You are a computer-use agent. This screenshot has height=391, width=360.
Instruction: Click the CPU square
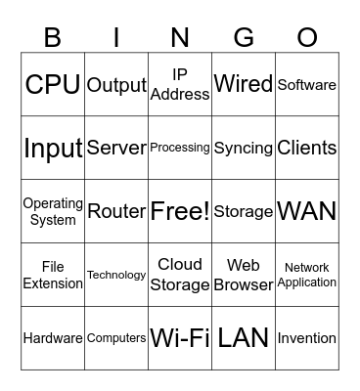point(53,84)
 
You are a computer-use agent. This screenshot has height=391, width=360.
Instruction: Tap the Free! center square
point(180,211)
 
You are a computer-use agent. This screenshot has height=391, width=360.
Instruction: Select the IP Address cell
point(180,84)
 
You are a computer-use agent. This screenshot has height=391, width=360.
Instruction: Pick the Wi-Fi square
point(180,338)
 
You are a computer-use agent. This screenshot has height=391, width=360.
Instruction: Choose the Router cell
point(116,211)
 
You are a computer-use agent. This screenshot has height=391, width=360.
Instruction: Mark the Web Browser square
point(244,275)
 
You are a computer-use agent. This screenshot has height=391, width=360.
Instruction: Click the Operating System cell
point(53,211)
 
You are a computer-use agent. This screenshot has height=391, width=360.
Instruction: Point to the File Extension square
point(53,275)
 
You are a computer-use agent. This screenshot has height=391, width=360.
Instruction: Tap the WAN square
point(307,211)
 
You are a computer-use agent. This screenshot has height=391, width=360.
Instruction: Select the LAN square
point(244,338)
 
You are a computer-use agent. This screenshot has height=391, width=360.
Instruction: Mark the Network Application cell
point(307,275)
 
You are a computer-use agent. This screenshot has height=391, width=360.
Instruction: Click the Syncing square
point(244,148)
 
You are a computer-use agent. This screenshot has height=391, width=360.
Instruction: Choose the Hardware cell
point(53,338)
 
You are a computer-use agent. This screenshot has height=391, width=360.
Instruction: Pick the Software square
point(307,84)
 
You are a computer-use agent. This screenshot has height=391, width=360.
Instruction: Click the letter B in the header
point(53,37)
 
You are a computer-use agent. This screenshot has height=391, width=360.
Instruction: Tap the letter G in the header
point(244,37)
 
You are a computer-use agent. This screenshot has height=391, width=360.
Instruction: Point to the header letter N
point(180,37)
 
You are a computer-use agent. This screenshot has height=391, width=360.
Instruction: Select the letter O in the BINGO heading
point(307,37)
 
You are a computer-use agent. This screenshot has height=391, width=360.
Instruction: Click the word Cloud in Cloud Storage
point(180,264)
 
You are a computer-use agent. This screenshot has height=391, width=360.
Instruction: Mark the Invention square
point(307,338)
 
